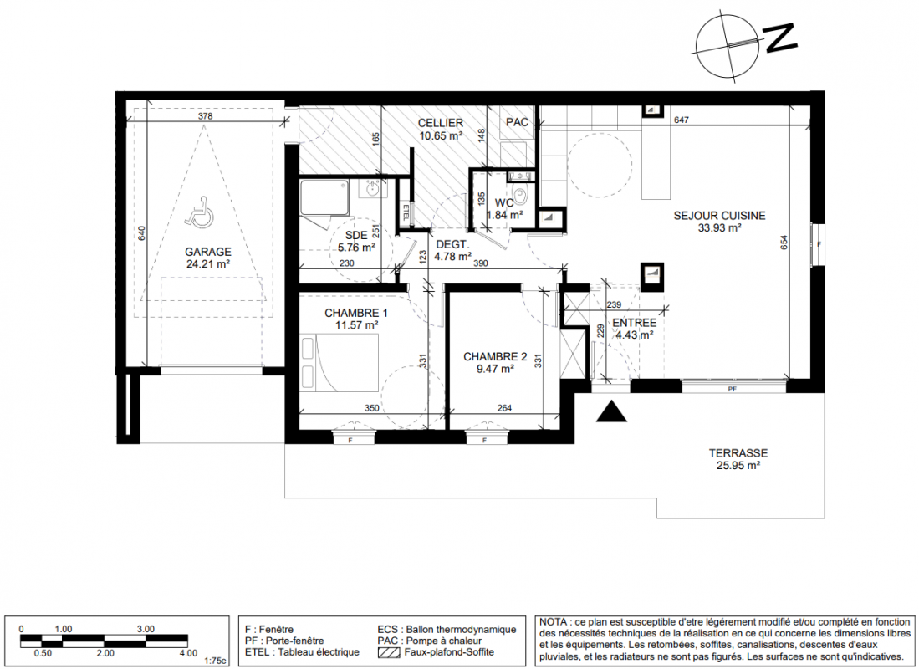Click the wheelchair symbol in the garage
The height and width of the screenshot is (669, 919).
click(x=199, y=212)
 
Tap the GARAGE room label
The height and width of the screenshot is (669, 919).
click(x=208, y=252)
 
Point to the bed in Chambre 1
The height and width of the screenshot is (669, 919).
click(x=340, y=362)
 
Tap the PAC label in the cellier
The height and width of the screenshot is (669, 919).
click(x=517, y=122)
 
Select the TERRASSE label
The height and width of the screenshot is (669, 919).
click(x=738, y=453)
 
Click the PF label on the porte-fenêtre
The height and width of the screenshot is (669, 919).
click(x=732, y=389)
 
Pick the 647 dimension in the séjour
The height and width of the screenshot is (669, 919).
click(x=681, y=120)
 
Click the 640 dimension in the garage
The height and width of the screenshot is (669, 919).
click(x=141, y=234)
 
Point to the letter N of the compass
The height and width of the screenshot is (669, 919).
click(x=781, y=38)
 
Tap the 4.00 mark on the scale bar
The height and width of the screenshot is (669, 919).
click(x=189, y=653)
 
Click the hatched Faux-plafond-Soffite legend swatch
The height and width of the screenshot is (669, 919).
click(x=390, y=652)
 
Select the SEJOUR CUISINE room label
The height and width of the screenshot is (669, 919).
click(x=719, y=216)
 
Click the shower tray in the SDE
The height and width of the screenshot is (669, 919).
click(x=326, y=198)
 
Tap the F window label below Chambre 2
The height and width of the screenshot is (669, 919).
click(x=485, y=441)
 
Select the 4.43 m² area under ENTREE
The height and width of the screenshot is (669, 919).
click(x=634, y=335)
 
